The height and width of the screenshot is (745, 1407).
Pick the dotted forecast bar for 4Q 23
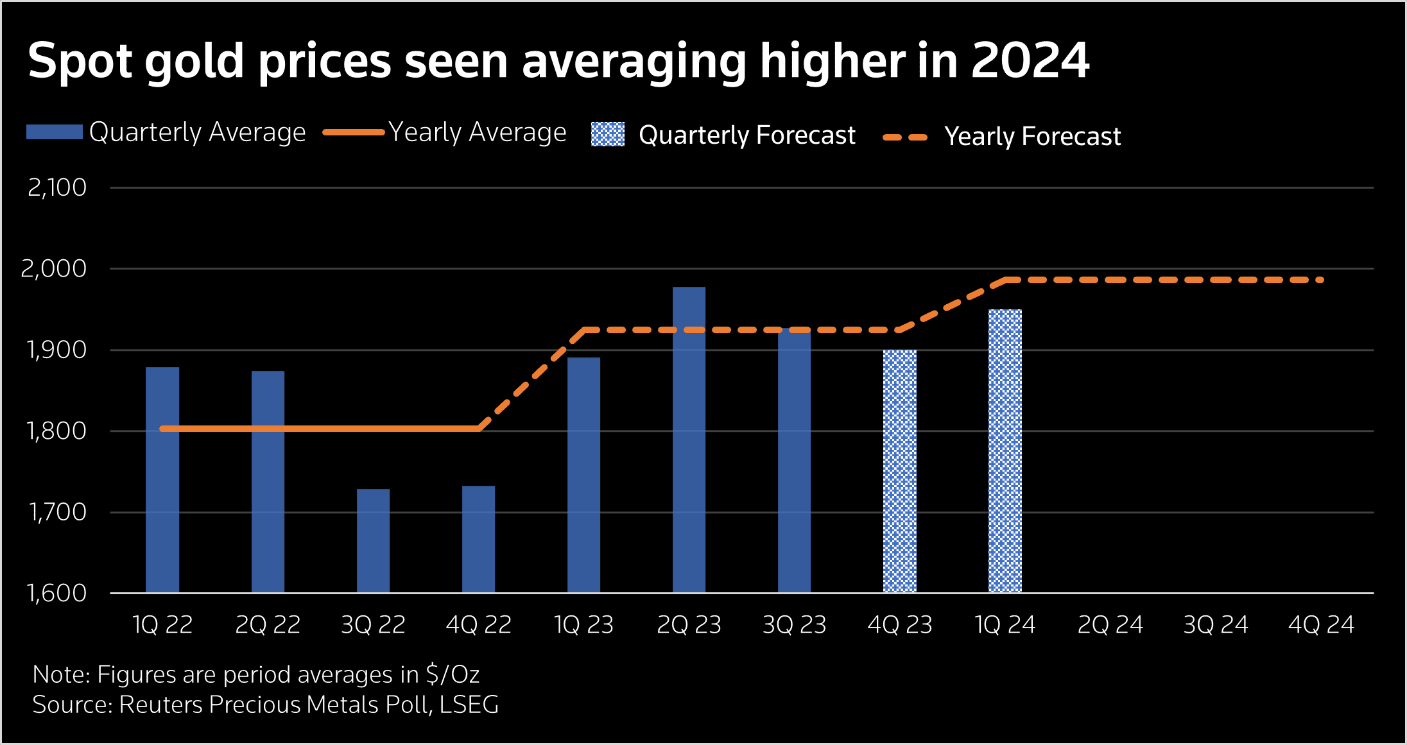pyautogui.click(x=899, y=471)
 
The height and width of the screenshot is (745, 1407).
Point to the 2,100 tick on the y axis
pyautogui.click(x=56, y=187)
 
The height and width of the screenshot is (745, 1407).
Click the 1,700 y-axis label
pyautogui.click(x=56, y=512)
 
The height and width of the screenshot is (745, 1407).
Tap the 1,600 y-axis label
pyautogui.click(x=56, y=593)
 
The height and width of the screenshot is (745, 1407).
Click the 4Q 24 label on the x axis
pyautogui.click(x=1321, y=624)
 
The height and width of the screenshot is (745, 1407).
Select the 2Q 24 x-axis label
pyautogui.click(x=1110, y=624)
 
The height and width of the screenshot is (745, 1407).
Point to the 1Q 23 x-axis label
pyautogui.click(x=583, y=624)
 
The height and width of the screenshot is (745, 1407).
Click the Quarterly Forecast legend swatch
pyautogui.click(x=607, y=134)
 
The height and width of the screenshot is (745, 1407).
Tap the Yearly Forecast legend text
pyautogui.click(x=1032, y=136)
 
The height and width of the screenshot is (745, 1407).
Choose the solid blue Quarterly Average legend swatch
pyautogui.click(x=55, y=132)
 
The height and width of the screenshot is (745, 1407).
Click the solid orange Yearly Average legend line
pyautogui.click(x=354, y=133)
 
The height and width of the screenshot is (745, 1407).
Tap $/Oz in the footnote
pyautogui.click(x=452, y=674)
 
